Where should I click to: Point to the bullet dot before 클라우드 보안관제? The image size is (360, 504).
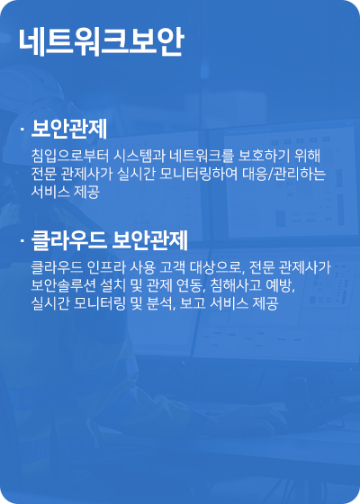[21, 241]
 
